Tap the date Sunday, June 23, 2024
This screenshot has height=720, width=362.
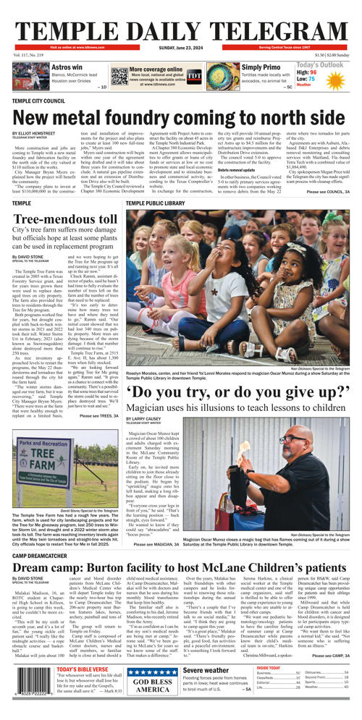(x=180, y=48)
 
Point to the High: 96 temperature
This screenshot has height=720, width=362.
(x=307, y=72)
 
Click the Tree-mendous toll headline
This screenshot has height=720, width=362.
(x=64, y=219)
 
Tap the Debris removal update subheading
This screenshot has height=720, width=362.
(x=240, y=169)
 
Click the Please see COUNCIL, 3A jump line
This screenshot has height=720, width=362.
(x=328, y=192)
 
